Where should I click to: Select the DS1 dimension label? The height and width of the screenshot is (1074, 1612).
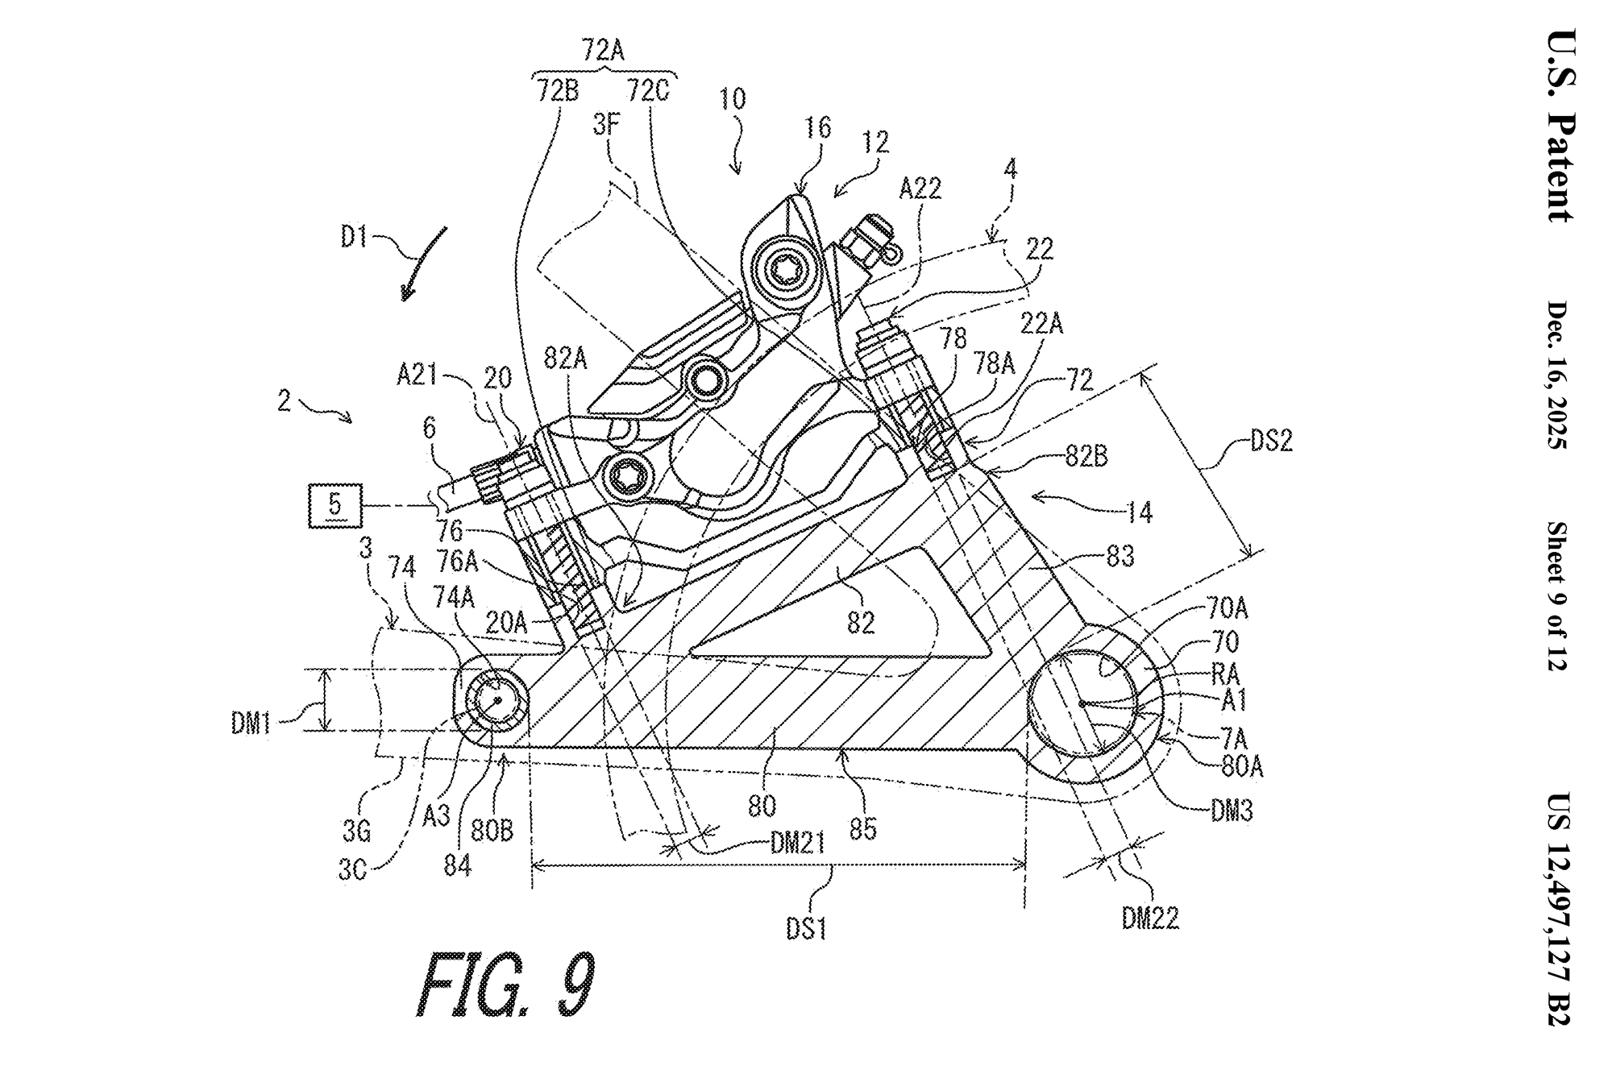click(x=806, y=930)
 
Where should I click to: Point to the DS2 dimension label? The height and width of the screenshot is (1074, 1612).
click(x=1269, y=442)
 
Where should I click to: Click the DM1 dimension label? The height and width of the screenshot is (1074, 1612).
click(x=251, y=724)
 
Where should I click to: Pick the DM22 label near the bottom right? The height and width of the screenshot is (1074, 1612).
click(x=1150, y=918)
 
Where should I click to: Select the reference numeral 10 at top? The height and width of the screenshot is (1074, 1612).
click(x=733, y=99)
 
